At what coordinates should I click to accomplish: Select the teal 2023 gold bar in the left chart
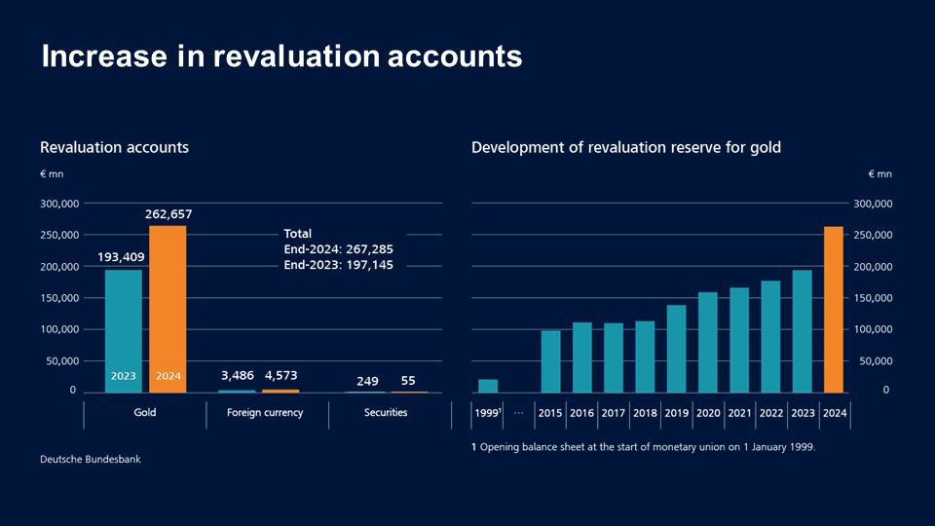124,331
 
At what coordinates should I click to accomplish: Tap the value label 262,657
168,213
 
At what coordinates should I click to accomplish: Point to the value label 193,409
124,257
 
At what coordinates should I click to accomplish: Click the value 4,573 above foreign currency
281,376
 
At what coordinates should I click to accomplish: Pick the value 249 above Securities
367,381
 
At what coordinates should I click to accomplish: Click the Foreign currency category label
265,413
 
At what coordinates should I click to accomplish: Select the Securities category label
387,413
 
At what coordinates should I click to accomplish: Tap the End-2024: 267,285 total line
338,249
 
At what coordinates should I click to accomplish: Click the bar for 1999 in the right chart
488,386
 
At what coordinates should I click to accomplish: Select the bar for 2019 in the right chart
676,349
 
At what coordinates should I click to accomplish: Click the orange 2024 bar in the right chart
834,309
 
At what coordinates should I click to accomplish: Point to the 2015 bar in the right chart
550,361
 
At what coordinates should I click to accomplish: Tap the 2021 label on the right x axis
739,413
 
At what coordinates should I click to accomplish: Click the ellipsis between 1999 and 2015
518,413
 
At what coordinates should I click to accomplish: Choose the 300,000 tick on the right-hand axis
872,205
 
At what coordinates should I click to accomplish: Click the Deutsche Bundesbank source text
90,459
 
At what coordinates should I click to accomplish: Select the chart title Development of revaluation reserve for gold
625,147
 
